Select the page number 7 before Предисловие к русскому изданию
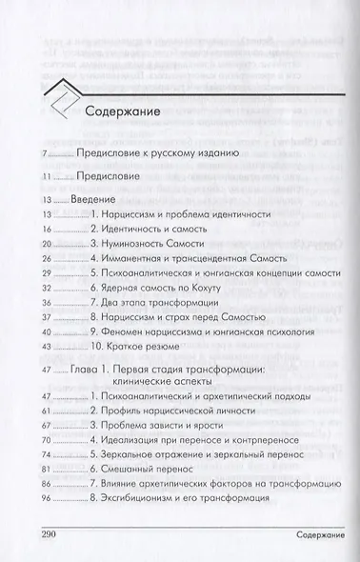click(x=45, y=153)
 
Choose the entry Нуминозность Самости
click(x=159, y=244)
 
